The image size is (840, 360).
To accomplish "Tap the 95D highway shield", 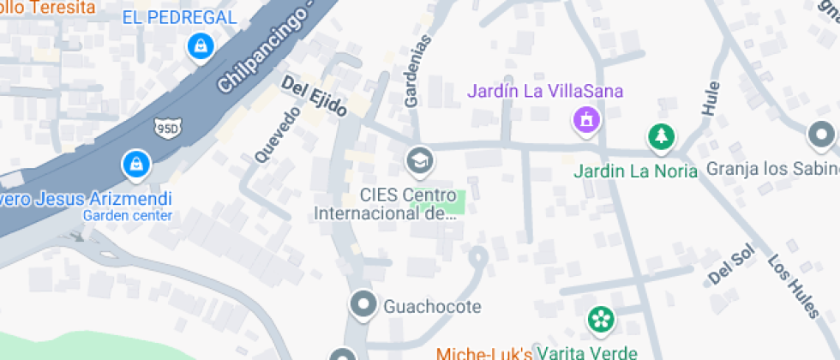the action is pyautogui.click(x=167, y=129).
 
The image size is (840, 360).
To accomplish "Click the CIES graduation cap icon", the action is pyautogui.click(x=419, y=159).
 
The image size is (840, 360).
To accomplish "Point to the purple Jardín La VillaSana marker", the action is pyautogui.click(x=586, y=119).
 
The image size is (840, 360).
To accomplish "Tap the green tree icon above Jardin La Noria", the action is pyautogui.click(x=661, y=135).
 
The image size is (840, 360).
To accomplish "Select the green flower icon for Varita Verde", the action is pyautogui.click(x=601, y=320).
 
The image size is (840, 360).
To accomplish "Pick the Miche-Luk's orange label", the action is pyautogui.click(x=484, y=353).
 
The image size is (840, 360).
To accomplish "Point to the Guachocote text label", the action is pyautogui.click(x=432, y=306).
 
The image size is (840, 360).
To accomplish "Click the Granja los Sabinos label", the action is pyautogui.click(x=772, y=168).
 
